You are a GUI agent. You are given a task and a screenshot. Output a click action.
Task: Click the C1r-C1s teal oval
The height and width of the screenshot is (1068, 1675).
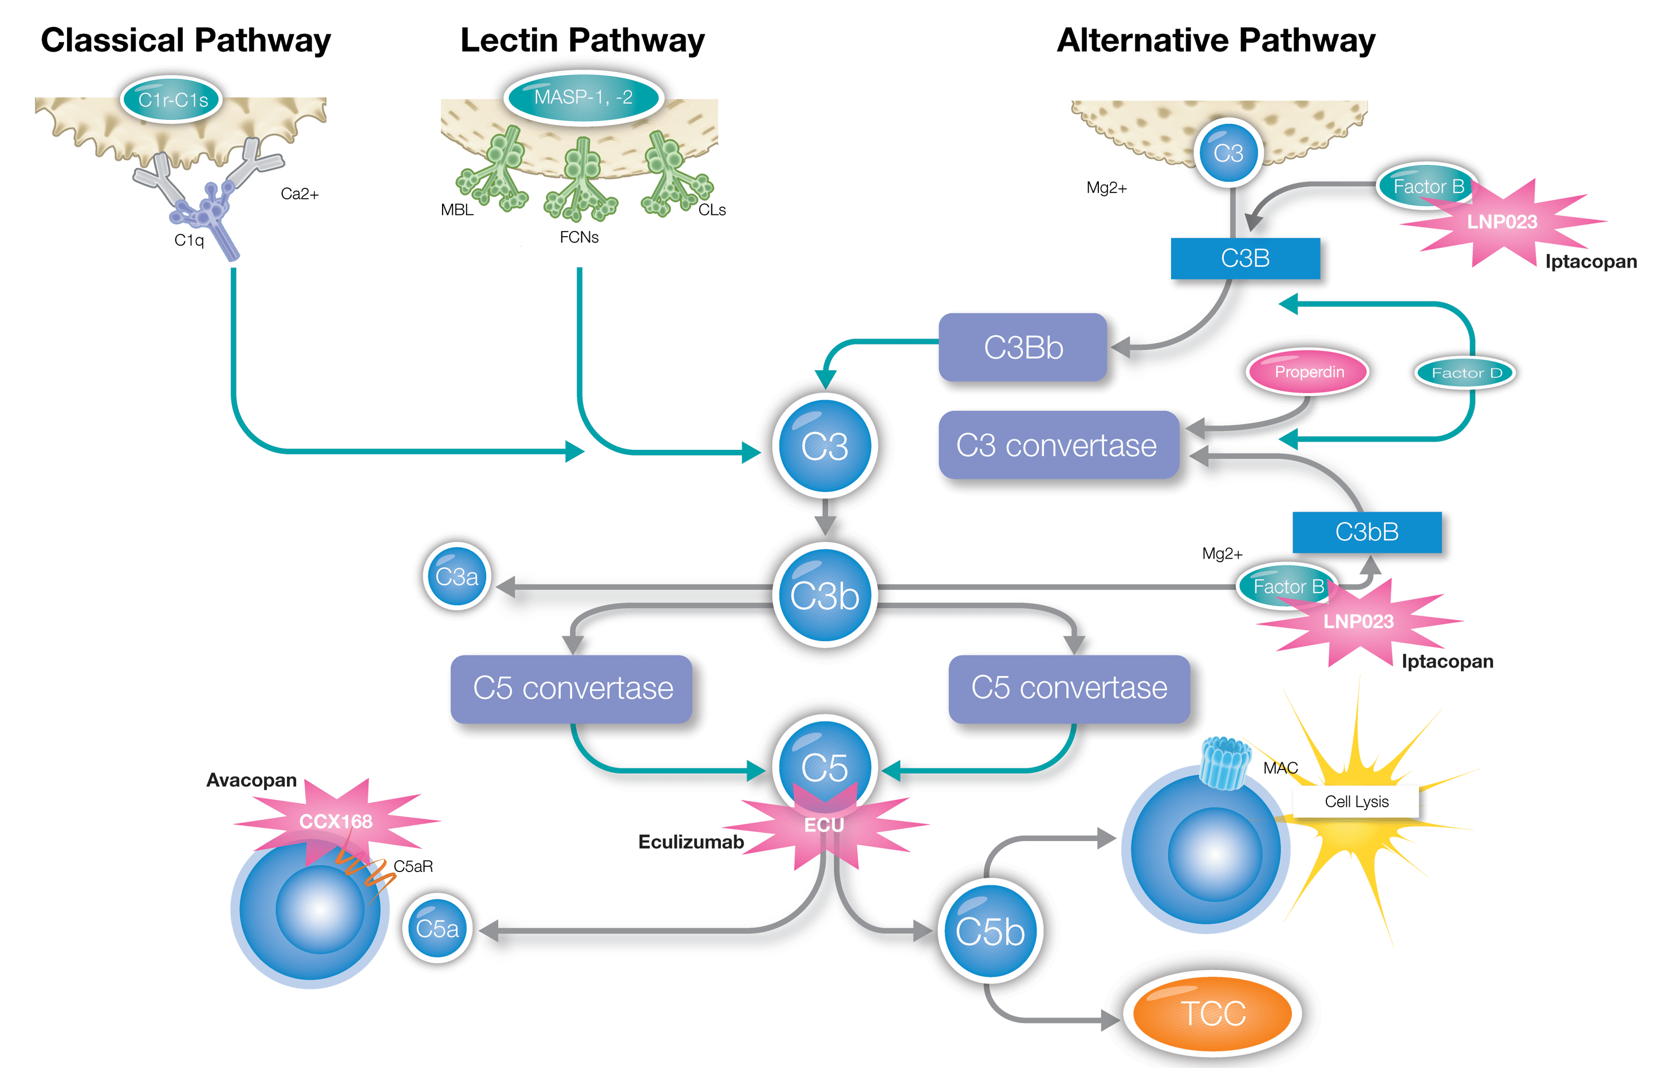click(172, 100)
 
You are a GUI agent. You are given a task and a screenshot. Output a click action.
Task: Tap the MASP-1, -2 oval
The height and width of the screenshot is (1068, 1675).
click(583, 97)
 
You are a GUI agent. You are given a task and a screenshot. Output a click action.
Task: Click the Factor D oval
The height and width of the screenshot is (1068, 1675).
click(1465, 373)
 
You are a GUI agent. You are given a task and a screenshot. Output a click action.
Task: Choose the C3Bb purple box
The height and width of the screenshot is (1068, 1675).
click(1023, 347)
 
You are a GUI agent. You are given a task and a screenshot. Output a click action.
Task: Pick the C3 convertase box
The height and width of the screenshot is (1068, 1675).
click(1057, 445)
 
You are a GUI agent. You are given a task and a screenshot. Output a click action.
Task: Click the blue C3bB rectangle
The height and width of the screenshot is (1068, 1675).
click(1366, 532)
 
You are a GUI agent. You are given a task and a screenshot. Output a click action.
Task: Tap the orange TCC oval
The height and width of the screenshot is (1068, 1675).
click(1212, 1013)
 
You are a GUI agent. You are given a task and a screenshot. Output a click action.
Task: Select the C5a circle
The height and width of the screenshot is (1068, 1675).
click(437, 929)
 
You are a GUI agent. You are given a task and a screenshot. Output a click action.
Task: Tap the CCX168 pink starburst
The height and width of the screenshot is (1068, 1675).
click(336, 821)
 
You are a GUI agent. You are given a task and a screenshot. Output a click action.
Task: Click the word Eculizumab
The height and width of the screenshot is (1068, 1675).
click(691, 842)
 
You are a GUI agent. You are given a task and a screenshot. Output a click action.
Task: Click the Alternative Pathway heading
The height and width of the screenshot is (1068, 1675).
click(1215, 40)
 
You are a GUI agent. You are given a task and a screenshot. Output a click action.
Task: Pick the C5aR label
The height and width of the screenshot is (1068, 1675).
click(413, 866)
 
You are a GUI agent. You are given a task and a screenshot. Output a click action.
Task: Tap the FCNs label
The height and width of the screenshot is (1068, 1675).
click(579, 237)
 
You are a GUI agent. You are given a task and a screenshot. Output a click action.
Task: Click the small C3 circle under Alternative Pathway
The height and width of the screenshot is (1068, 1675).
click(1228, 153)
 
